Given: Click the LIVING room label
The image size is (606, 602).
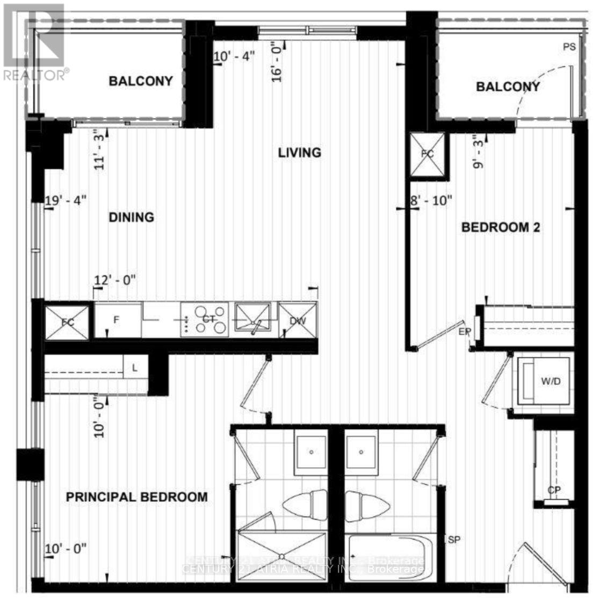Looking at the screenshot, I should coord(299,153).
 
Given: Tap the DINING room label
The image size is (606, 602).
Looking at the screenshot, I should coord(132,217).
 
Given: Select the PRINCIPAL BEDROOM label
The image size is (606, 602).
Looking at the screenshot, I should coord(136,497).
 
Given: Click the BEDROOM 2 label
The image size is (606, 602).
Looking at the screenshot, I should coord(501,227).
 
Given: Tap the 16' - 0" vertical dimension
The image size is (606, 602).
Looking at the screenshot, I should coord(277,64).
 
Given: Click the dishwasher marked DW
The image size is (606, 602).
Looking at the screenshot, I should coord(298,320).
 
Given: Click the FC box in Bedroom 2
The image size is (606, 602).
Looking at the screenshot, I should coord(428,154).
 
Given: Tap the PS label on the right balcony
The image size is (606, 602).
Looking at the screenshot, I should coord(569,47).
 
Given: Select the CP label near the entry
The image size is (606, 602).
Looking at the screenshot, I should coord(554,490).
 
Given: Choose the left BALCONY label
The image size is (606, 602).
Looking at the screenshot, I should coord(141,81).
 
